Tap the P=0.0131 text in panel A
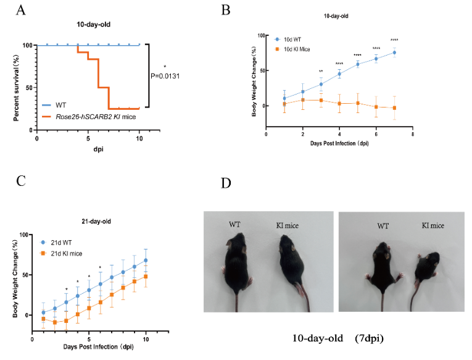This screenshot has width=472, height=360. [165, 77]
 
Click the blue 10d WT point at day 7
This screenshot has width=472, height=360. [394, 52]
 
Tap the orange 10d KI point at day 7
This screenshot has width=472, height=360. [394, 108]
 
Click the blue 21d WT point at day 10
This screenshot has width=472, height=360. [146, 260]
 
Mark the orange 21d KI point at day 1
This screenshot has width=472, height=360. [43, 319]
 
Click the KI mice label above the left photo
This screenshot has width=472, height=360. [287, 226]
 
